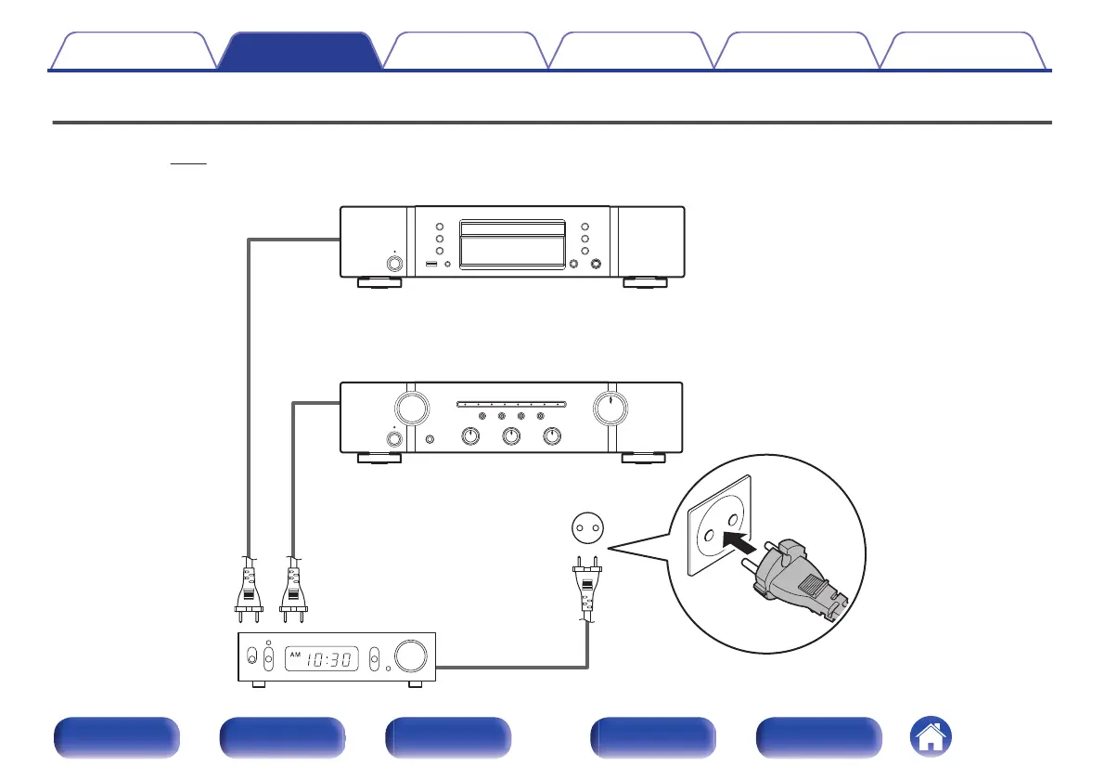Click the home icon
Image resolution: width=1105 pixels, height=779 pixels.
pyautogui.click(x=931, y=737)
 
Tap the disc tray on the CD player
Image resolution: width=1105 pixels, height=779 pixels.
pyautogui.click(x=513, y=243)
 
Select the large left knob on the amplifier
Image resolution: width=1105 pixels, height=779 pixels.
pyautogui.click(x=408, y=407)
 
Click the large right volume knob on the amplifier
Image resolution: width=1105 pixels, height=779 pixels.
pyautogui.click(x=610, y=407)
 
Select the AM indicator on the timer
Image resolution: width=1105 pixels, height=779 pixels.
pyautogui.click(x=296, y=654)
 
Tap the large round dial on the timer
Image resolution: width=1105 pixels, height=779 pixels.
pyautogui.click(x=410, y=656)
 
